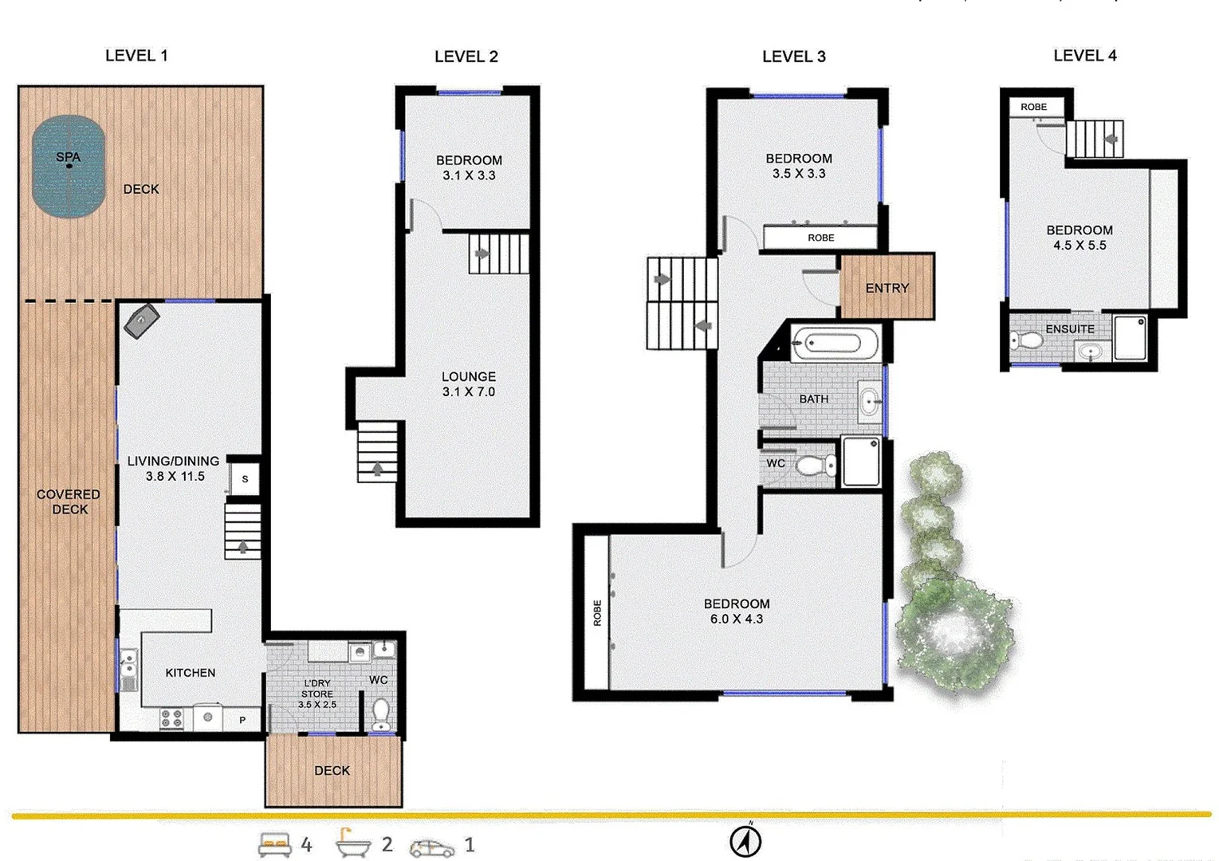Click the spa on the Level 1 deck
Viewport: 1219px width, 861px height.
click(x=69, y=166)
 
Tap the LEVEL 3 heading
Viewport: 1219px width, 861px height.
click(x=793, y=57)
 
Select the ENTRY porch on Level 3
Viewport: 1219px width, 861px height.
click(x=887, y=287)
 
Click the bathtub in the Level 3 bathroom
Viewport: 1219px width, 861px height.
click(x=834, y=344)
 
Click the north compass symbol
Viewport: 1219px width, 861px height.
click(x=745, y=841)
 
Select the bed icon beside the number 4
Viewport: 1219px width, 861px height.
click(x=275, y=845)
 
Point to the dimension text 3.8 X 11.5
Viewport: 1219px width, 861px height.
click(x=175, y=477)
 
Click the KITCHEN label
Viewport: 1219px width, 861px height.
click(x=190, y=673)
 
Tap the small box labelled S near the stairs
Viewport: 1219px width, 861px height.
click(x=245, y=479)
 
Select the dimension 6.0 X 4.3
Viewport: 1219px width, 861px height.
click(x=736, y=619)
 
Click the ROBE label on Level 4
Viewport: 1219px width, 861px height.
click(x=1033, y=107)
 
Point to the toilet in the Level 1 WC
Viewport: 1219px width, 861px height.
click(x=381, y=714)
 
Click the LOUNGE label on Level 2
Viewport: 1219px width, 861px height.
click(x=469, y=376)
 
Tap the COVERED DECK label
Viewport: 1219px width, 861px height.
click(x=69, y=501)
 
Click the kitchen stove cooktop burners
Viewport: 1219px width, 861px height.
click(x=171, y=719)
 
